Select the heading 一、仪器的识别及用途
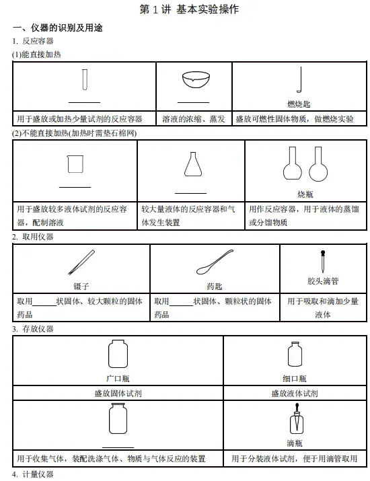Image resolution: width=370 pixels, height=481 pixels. (x=58, y=28)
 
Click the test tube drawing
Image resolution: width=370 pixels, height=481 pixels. (x=85, y=79)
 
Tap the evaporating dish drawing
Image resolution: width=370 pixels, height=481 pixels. (x=195, y=80)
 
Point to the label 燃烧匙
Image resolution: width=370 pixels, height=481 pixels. (x=299, y=104)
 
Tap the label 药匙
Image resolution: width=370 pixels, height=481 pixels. (x=214, y=286)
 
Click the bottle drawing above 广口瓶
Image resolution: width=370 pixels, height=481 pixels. (x=118, y=353)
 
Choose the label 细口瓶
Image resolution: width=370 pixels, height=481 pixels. (x=294, y=379)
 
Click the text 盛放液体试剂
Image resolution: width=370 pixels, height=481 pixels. (x=295, y=394)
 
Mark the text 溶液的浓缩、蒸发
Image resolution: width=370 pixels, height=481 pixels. (x=194, y=119)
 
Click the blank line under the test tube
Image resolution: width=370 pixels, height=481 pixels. (x=84, y=102)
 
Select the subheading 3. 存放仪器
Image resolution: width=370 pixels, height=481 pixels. (x=33, y=329)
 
